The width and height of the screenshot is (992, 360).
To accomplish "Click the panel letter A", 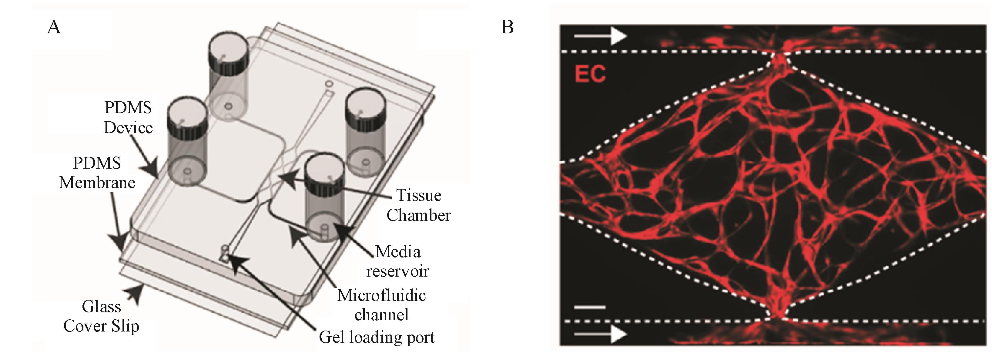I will pos(54,28).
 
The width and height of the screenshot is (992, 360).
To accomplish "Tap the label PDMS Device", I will pos(128,117).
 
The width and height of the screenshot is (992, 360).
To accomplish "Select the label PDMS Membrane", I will pos(97,173).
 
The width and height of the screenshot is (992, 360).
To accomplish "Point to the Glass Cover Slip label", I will pos(101,316).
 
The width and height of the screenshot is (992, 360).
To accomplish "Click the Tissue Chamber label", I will pos(419,205).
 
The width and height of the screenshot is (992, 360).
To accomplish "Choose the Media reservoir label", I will pos(398,261).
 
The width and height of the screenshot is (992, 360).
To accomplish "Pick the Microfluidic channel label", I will pos(381,305).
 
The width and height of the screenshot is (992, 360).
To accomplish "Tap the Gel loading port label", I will pos(376,337).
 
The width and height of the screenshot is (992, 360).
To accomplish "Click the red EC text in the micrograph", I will pos(590,74).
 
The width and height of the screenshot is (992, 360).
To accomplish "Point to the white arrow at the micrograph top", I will pos(600,37).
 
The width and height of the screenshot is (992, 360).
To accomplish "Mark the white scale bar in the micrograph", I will pos(590,307).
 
